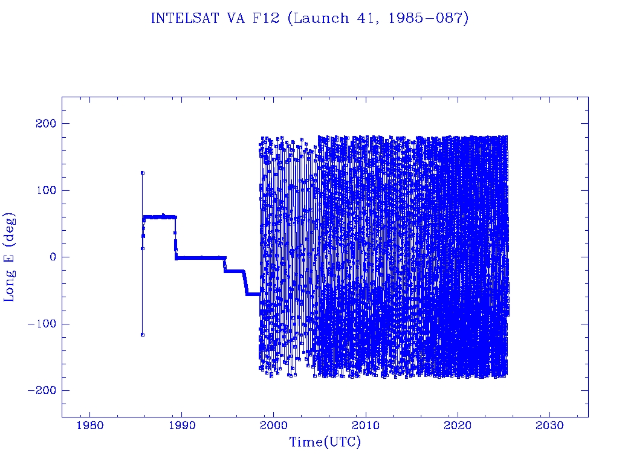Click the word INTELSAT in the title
pyautogui.click(x=185, y=18)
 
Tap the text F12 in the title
pyautogui.click(x=266, y=18)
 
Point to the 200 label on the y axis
pyautogui.click(x=46, y=123)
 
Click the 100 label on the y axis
pyautogui.click(x=46, y=190)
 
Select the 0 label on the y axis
pyautogui.click(x=53, y=257)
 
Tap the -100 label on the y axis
pyautogui.click(x=42, y=324)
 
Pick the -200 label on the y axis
pyautogui.click(x=42, y=390)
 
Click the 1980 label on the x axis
pyautogui.click(x=89, y=425)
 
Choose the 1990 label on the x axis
pyautogui.click(x=181, y=425)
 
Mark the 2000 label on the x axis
pyautogui.click(x=274, y=425)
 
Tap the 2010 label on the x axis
pyautogui.click(x=366, y=425)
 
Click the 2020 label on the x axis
pyautogui.click(x=458, y=425)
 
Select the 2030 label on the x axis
pyautogui.click(x=550, y=425)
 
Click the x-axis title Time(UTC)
pyautogui.click(x=325, y=442)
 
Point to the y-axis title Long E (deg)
pyautogui.click(x=9, y=257)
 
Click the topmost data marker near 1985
pyautogui.click(x=143, y=173)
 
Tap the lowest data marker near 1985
pyautogui.click(x=143, y=335)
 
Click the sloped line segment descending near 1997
pyautogui.click(x=245, y=283)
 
